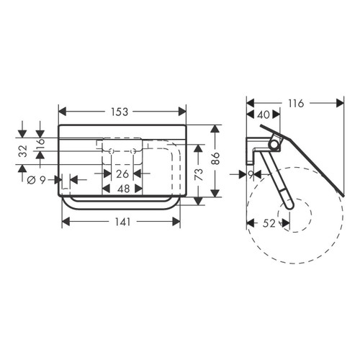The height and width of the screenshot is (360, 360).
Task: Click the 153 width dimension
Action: [120, 112]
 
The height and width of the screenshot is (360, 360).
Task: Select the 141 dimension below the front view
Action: [120, 222]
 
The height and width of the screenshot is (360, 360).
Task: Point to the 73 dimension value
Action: [196, 174]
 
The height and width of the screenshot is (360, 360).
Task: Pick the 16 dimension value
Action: [40, 142]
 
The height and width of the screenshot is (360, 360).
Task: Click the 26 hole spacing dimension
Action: [122, 174]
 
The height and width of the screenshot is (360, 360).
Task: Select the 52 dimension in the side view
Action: [269, 223]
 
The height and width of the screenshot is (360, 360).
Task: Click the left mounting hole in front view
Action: [112, 150]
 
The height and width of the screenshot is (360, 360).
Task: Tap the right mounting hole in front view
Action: [133, 150]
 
